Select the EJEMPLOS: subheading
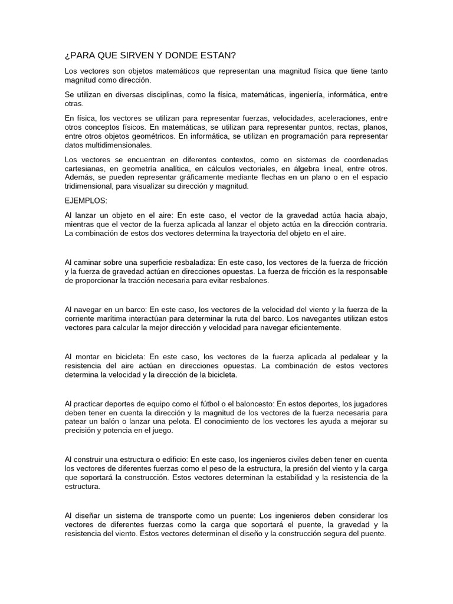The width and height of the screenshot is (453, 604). [x=86, y=201]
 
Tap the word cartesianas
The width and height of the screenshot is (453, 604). [x=84, y=169]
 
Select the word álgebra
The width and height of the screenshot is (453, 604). [x=311, y=169]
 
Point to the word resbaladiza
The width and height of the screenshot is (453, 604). [x=186, y=261]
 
